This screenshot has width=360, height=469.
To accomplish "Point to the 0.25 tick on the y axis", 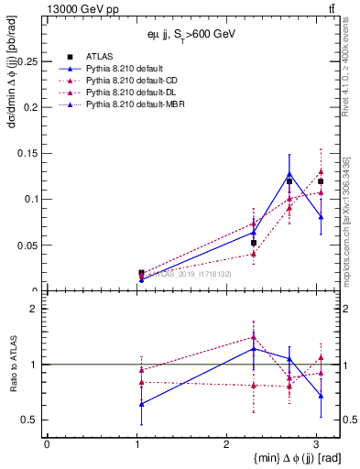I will pyautogui.click(x=29, y=60).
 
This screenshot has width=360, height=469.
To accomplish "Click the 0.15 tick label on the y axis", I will pyautogui.click(x=29, y=153).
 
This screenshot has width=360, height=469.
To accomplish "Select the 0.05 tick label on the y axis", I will pyautogui.click(x=29, y=245).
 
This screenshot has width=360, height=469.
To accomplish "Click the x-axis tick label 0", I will pyautogui.click(x=47, y=445).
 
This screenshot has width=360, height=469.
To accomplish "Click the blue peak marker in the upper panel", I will pyautogui.click(x=289, y=173).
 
